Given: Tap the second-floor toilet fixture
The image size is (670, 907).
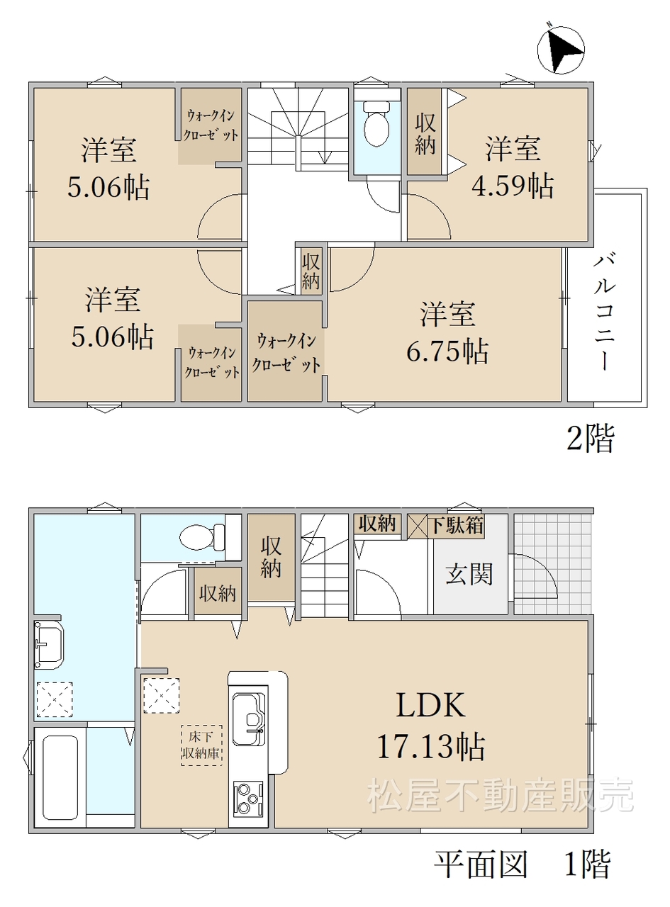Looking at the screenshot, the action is (x=376, y=123).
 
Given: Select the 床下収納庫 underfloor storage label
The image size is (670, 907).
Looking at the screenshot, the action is (x=202, y=745).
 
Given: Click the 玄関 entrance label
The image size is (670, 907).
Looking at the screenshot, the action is (x=469, y=575).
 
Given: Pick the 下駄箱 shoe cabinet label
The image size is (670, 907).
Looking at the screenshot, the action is (x=456, y=525).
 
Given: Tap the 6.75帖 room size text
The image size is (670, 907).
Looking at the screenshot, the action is (x=447, y=351).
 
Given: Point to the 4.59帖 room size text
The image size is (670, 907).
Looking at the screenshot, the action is (x=513, y=186).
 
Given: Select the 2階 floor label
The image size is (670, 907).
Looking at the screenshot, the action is (x=590, y=439).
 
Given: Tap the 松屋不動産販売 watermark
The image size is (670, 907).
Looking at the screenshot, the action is (x=501, y=795).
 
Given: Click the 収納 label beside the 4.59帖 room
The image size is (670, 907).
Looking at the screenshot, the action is (x=425, y=134).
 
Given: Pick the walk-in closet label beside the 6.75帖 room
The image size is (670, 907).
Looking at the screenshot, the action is (x=286, y=353).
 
